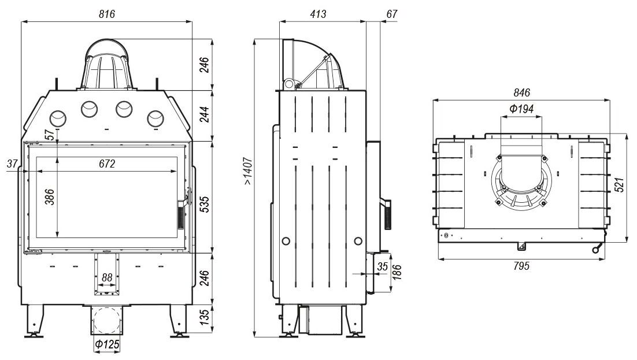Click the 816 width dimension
pos(106,15)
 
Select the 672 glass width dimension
pos(106,164)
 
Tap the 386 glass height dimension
pos(50,198)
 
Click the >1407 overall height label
pos(247,171)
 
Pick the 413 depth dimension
pos(317,15)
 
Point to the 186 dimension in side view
pos(397,270)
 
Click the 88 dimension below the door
pos(107,278)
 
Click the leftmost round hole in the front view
pos(58,118)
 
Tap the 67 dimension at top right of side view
pos(391,15)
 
